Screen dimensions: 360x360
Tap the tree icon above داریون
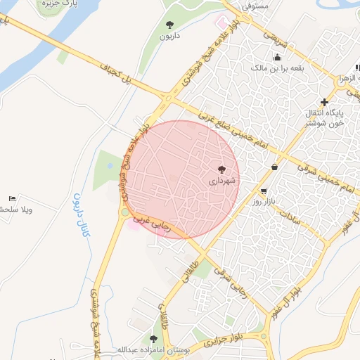pos(169,25)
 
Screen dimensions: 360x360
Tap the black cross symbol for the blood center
pos(323,103)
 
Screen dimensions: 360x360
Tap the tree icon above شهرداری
pos(222,169)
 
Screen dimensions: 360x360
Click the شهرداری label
pos(224,181)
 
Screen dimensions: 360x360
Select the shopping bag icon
pos(273,167)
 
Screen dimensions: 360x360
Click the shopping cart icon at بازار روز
pos(264,191)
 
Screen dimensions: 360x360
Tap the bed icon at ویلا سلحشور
pos(12,198)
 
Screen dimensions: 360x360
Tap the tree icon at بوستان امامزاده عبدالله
pos(153,339)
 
